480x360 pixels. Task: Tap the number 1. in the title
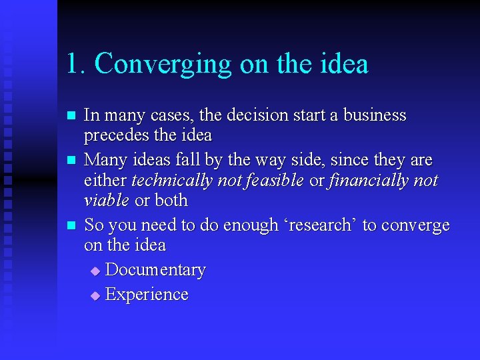tap(76, 64)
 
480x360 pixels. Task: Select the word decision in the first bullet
tap(257, 115)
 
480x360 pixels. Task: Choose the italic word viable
tap(107, 201)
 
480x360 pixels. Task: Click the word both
tap(171, 201)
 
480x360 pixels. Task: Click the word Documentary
tap(155, 270)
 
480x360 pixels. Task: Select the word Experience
tap(147, 295)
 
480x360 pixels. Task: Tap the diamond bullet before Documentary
tap(95, 271)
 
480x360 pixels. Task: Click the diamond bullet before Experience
tap(95, 296)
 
